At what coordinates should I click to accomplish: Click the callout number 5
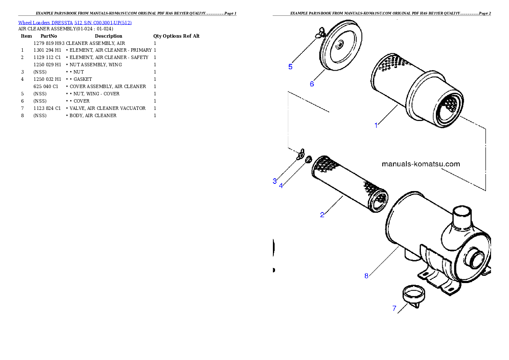pos(290,67)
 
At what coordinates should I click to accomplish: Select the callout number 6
pos(312,84)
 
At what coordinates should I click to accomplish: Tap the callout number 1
pos(376,125)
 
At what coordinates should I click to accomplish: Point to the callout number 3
pos(275,181)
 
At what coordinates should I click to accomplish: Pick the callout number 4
pos(281,186)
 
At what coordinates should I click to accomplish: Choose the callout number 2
pos(322,215)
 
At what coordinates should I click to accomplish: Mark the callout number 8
pos(366,276)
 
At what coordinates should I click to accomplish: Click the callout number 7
pos(394,308)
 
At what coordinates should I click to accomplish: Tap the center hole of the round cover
pos(340,44)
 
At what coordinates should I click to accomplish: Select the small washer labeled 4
pos(308,160)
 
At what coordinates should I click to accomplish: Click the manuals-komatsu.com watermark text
pos(420,164)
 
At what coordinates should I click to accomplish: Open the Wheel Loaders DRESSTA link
pos(75,22)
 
